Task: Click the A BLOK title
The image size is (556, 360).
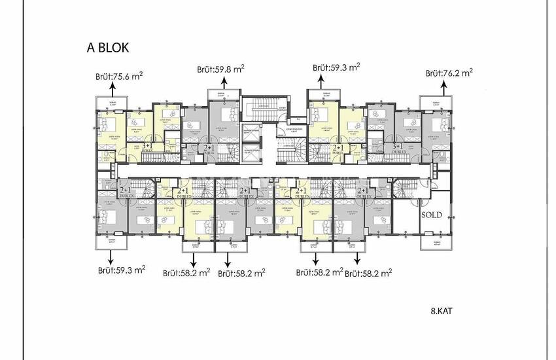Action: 108,48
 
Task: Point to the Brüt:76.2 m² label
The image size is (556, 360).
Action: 449,73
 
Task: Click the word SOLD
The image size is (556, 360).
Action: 431,215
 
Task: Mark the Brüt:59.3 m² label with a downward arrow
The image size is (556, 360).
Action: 122,269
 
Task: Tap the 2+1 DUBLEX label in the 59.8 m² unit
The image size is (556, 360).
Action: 210,150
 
